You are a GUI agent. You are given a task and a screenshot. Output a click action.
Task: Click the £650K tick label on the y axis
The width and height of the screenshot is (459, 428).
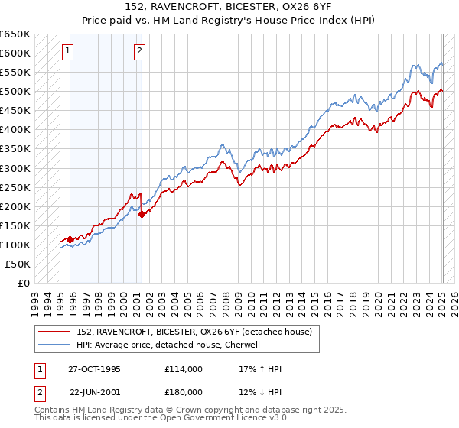coord(15,34)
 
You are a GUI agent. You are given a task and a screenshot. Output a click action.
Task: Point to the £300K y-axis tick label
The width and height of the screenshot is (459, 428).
coord(15,168)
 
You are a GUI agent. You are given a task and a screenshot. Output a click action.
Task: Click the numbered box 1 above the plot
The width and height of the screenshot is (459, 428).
coord(68,52)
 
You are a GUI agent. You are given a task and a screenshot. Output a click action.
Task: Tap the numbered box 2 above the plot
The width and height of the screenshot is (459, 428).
coord(140,52)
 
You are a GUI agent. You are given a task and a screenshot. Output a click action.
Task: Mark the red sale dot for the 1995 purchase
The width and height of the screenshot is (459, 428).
coord(70,239)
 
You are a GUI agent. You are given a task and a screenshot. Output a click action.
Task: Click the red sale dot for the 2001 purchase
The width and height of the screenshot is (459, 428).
coord(142,214)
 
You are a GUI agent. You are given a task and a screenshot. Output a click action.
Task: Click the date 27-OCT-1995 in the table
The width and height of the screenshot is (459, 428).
coord(95,369)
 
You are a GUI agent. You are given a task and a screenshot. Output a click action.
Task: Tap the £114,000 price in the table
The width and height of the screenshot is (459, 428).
coord(184,369)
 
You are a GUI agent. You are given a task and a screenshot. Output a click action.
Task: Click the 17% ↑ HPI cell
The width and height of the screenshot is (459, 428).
coord(260,369)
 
